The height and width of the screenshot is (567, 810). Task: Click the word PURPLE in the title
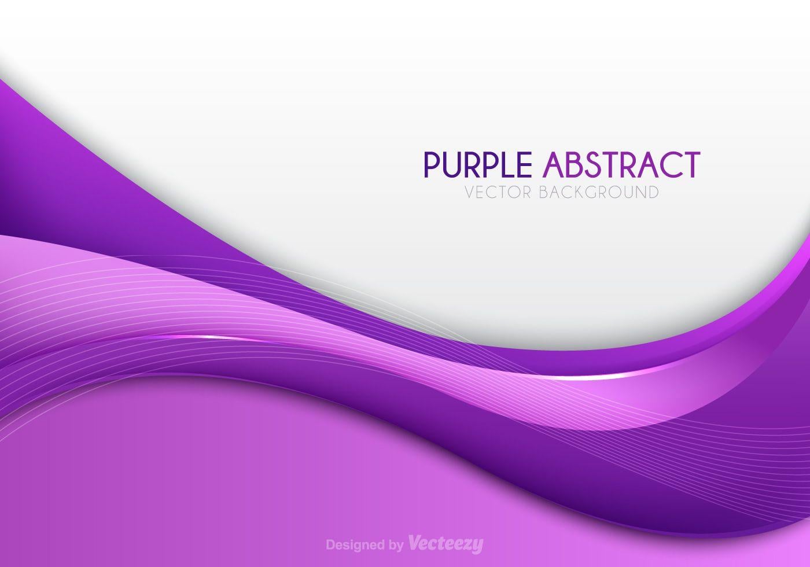478,164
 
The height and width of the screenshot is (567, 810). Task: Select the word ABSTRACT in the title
621,164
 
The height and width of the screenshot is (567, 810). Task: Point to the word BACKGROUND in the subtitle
599,193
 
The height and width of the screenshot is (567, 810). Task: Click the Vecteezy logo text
446,544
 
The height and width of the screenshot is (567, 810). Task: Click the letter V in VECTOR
469,193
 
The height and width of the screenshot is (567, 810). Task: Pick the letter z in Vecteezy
466,545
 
